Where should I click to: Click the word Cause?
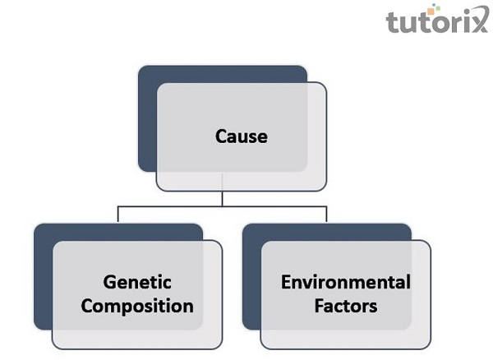pos(242,136)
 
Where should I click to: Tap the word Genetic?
pos(137,283)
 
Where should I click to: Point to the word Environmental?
pos(345,283)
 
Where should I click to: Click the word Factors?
pos(345,307)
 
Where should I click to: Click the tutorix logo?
pos(436,20)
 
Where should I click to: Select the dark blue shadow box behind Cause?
pos(148,115)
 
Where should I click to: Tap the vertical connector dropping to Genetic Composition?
pos(118,215)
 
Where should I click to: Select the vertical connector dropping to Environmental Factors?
pos(326,215)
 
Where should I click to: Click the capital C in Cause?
pos(221,136)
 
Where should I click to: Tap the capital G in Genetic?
pos(110,283)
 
